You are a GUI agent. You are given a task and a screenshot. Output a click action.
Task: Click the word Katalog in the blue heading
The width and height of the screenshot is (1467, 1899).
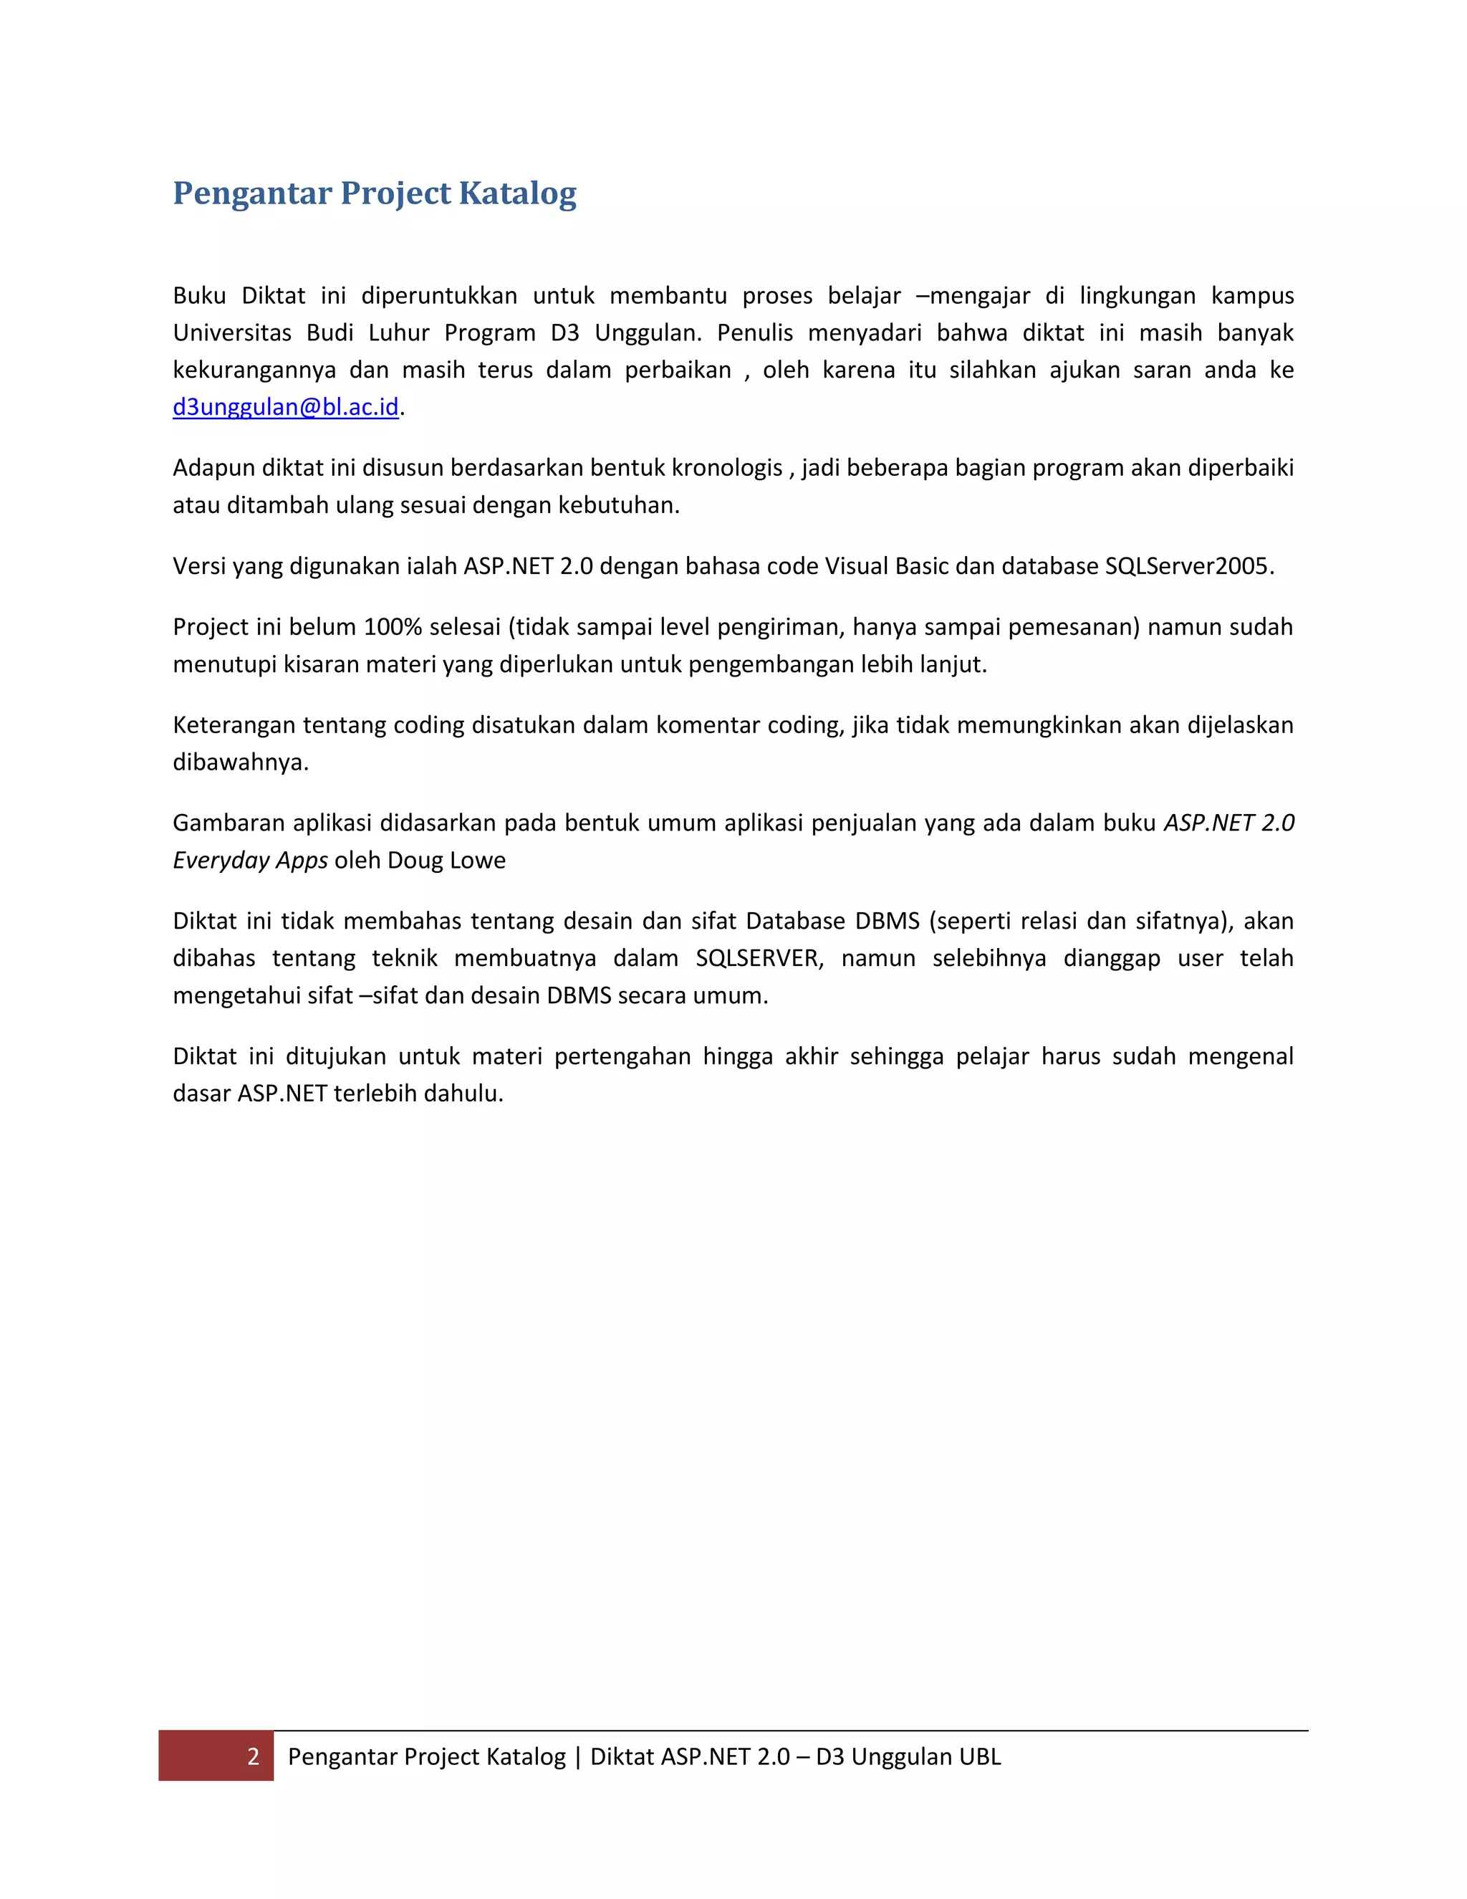[517, 193]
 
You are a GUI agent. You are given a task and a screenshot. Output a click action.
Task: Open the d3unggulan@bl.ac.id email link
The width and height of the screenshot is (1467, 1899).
[285, 407]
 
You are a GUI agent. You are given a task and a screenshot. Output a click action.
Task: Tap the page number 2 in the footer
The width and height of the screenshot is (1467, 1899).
[253, 1756]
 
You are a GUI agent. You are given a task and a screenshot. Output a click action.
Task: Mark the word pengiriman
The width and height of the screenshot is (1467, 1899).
[782, 627]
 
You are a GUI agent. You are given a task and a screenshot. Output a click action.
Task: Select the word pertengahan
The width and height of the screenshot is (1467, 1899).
[622, 1056]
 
